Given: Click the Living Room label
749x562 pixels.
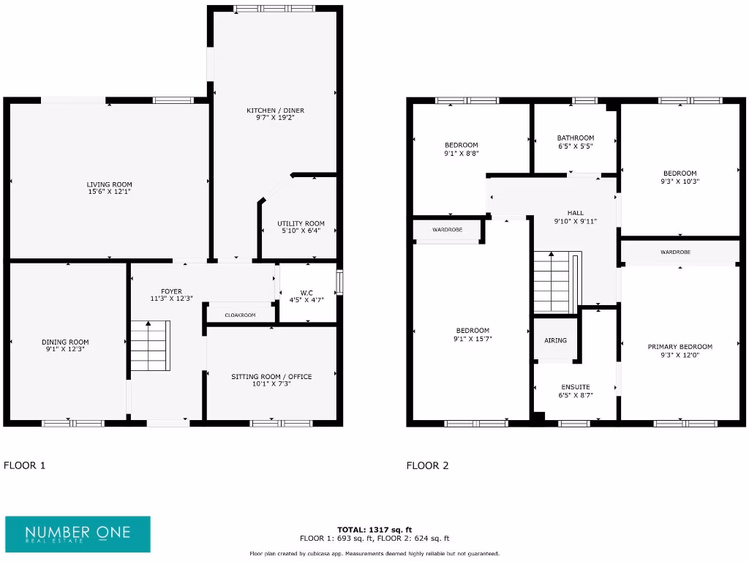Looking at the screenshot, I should pyautogui.click(x=109, y=184).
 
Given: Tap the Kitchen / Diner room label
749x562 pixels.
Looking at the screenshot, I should pyautogui.click(x=275, y=110).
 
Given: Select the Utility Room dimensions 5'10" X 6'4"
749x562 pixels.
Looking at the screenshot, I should pyautogui.click(x=301, y=232).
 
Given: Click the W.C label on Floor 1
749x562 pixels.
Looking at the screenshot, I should pyautogui.click(x=306, y=291).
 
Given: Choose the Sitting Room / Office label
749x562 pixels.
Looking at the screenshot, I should pyautogui.click(x=271, y=376).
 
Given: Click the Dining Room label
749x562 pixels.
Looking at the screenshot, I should pyautogui.click(x=65, y=342).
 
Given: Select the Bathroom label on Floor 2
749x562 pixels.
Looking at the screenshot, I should pyautogui.click(x=576, y=138).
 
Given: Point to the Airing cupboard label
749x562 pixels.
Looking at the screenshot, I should pyautogui.click(x=555, y=340).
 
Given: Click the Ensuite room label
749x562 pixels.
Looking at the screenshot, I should pyautogui.click(x=576, y=386).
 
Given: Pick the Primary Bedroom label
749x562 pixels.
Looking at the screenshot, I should pyautogui.click(x=680, y=347).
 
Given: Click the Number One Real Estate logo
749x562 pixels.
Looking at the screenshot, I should pyautogui.click(x=78, y=534).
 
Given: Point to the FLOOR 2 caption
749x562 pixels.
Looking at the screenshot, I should pyautogui.click(x=428, y=465).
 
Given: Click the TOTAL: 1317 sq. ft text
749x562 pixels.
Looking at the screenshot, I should pyautogui.click(x=374, y=529).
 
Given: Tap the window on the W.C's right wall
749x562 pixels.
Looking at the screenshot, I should pyautogui.click(x=339, y=282).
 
